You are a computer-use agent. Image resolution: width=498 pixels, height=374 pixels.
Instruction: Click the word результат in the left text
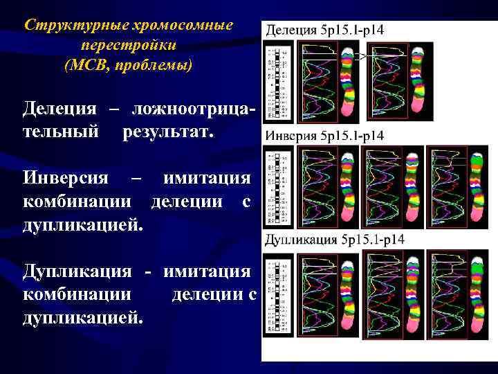[168, 130]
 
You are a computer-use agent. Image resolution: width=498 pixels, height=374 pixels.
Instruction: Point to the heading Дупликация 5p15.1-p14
[335, 240]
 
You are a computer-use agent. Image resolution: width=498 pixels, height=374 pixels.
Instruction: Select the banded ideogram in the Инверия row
[277, 187]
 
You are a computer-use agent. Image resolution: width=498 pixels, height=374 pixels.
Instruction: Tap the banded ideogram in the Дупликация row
[277, 292]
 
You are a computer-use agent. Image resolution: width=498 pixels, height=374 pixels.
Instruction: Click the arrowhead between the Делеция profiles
[362, 56]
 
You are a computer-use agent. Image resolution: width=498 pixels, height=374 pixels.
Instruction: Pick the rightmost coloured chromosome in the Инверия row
[478, 187]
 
